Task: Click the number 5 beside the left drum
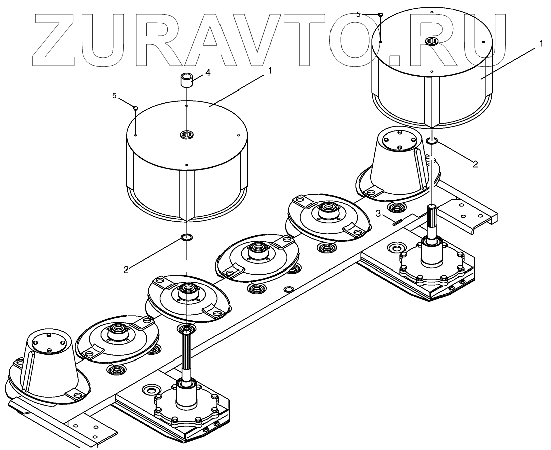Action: click(x=114, y=95)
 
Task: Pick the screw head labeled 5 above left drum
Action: click(x=136, y=107)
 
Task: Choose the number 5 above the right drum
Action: click(x=358, y=14)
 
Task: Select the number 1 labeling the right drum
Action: click(x=541, y=44)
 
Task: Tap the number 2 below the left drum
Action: click(x=126, y=269)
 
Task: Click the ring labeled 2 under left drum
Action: click(x=186, y=237)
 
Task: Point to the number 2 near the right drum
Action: click(x=475, y=164)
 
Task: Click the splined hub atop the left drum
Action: click(x=187, y=134)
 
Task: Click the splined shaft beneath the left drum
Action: click(x=187, y=351)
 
